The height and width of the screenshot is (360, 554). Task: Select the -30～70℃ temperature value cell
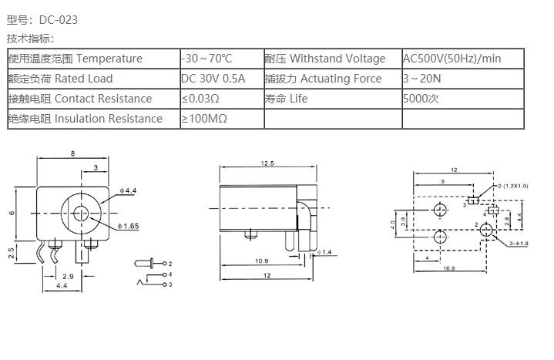click(206, 59)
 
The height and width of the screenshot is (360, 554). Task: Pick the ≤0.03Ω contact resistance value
click(201, 99)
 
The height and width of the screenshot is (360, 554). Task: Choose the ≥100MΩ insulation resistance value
click(204, 119)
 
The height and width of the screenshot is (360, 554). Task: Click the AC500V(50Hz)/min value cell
click(452, 59)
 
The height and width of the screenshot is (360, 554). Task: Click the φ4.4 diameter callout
click(128, 190)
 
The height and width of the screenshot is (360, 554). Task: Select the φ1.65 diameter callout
click(129, 226)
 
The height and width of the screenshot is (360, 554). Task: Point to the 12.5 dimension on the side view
click(267, 163)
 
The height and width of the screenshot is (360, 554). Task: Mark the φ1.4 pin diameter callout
click(324, 252)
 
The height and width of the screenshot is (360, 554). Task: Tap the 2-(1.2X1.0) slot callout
click(513, 186)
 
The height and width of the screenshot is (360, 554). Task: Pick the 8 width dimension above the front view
click(73, 154)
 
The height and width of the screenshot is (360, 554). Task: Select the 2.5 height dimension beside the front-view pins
click(13, 253)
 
